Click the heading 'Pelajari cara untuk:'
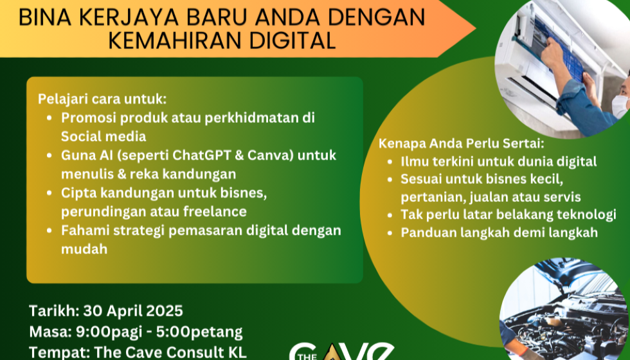(102, 99)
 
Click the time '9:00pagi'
(107, 332)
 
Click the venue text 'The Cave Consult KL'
(170, 352)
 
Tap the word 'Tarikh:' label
(54, 311)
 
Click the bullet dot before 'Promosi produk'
(50, 118)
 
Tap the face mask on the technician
(620, 105)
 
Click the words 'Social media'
(104, 136)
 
